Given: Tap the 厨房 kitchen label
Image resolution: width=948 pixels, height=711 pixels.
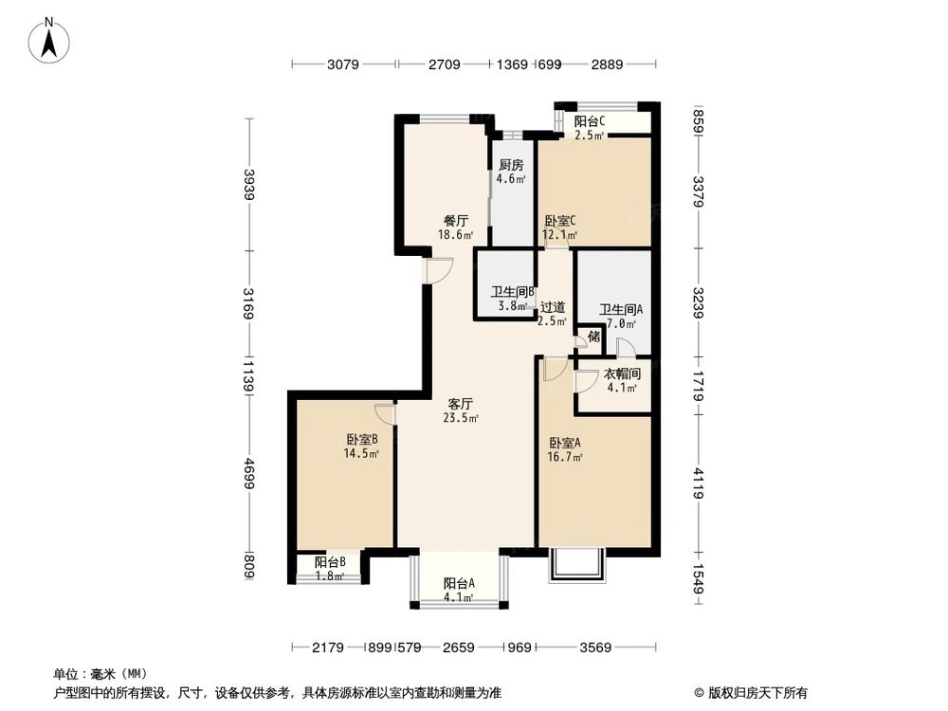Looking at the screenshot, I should tap(510, 165).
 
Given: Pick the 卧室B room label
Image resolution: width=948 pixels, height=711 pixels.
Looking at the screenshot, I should tap(362, 440).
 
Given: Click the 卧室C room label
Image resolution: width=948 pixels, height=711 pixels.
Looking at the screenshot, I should tap(559, 221).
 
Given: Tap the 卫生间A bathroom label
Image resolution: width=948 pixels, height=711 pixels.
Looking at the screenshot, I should tap(621, 309).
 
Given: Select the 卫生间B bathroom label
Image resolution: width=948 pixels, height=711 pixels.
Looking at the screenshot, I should tap(513, 293).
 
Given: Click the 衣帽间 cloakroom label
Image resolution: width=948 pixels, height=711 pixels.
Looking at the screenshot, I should tap(622, 374).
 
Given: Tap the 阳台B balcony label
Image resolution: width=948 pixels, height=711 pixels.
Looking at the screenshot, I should tap(330, 562).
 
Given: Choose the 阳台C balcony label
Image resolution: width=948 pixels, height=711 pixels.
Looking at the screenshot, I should tap(590, 121).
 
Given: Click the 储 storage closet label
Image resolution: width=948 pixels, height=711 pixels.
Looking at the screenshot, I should tap(593, 337).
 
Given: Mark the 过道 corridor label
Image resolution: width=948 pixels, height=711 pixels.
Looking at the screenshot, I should tap(553, 307).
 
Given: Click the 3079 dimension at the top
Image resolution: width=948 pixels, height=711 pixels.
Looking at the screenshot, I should tap(344, 64).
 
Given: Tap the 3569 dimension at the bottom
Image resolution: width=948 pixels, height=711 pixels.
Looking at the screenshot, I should tap(595, 647).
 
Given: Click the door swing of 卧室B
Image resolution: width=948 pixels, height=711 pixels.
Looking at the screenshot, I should tap(384, 414).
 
